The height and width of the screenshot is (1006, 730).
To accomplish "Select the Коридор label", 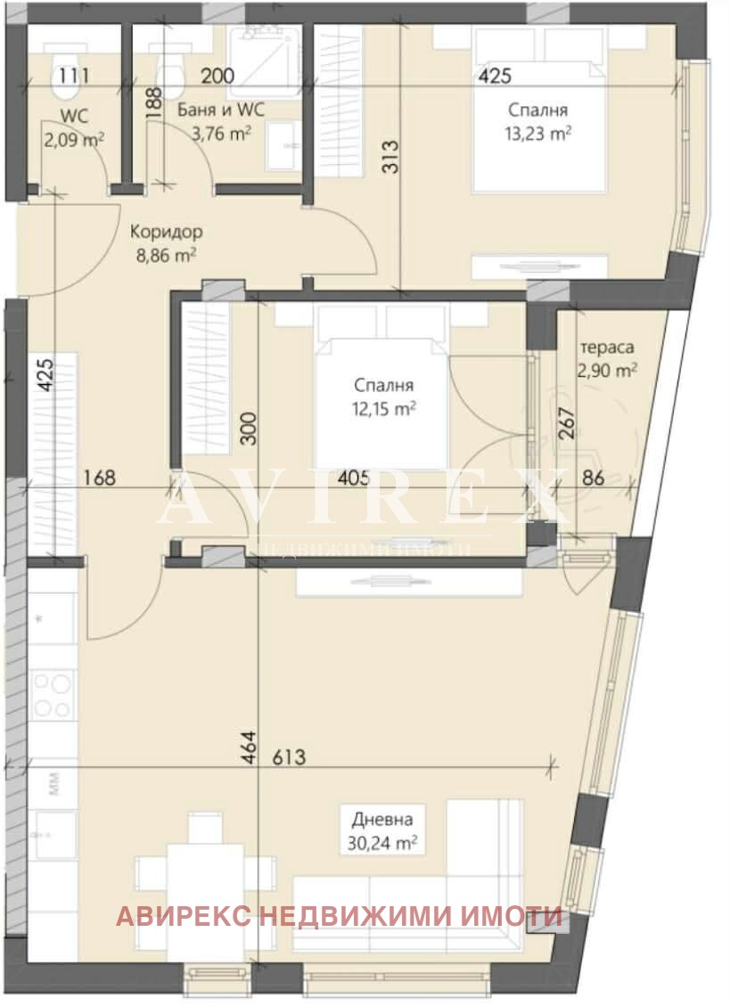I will pos(166,232).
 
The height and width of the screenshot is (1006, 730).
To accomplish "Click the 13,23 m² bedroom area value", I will pos(538,134).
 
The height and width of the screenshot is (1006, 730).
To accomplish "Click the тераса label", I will pos(606,348).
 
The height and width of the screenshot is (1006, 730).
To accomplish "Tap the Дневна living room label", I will pos(382,819).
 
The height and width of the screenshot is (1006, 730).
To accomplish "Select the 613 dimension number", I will pos(289,758).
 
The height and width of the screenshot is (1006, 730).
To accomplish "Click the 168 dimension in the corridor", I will pos(98,478).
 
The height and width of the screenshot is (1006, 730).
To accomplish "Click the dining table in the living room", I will pos(204,876).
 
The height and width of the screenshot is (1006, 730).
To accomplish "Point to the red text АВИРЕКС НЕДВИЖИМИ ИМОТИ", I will pos(339,916).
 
